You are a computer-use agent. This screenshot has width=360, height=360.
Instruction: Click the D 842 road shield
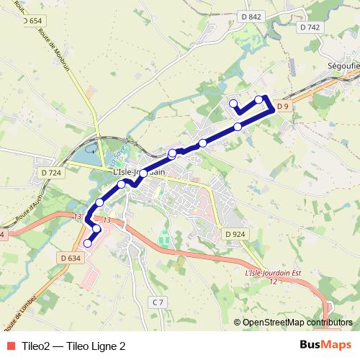[251, 16]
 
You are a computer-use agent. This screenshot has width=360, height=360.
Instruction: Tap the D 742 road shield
[309, 27]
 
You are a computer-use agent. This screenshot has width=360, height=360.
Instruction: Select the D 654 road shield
[32, 21]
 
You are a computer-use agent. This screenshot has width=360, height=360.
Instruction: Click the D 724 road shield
[51, 173]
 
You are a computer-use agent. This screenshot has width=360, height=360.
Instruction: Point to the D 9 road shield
[283, 107]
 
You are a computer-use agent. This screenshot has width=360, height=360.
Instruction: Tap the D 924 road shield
[235, 234]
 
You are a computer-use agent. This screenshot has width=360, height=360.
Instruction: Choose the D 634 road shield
[71, 258]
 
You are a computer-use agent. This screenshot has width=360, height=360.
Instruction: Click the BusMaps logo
[321, 345]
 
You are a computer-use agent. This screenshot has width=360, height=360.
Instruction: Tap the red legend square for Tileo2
[9, 345]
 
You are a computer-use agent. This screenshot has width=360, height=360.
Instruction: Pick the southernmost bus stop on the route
[88, 243]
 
